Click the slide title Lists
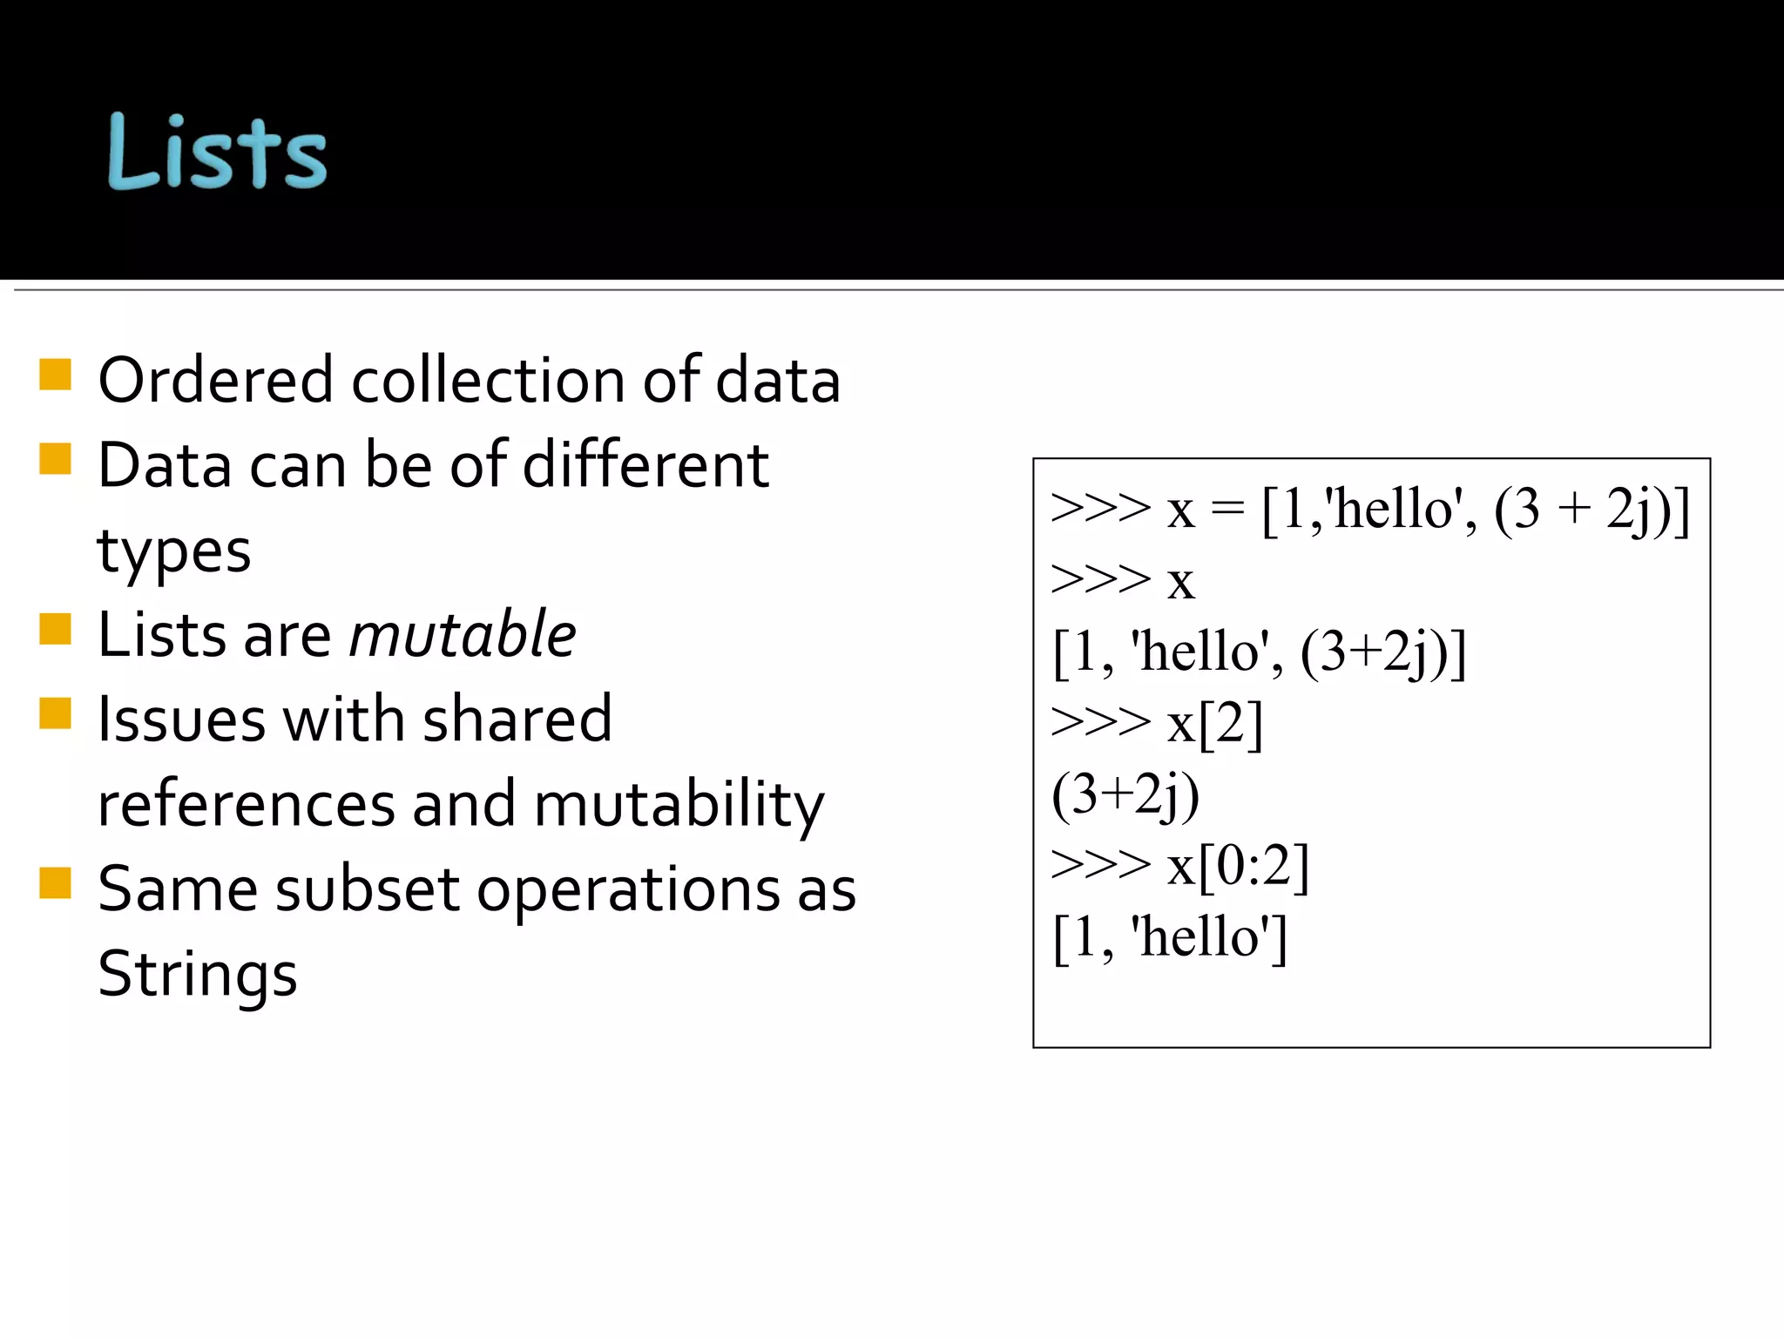[x=217, y=152]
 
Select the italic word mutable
[x=463, y=634]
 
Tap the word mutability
[x=678, y=804]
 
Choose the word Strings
[x=198, y=974]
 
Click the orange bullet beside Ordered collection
[x=55, y=375]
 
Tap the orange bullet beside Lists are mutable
[x=55, y=629]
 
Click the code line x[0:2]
[x=1238, y=866]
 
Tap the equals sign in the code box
[x=1227, y=510]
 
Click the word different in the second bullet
[x=645, y=465]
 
